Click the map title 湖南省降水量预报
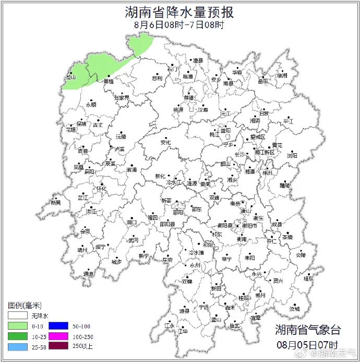[x=179, y=12]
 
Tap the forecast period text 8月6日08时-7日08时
[x=179, y=25]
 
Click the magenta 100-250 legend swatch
[x=63, y=335]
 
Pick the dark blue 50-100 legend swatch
[x=63, y=325]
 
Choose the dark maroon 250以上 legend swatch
[x=63, y=345]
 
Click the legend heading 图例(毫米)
[x=25, y=305]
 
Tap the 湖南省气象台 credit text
[x=308, y=330]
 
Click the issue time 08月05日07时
[x=307, y=345]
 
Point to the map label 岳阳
[x=262, y=81]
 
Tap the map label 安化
[x=165, y=142]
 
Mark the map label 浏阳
[x=292, y=155]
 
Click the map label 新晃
[x=55, y=202]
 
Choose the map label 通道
[x=89, y=273]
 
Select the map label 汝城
[x=295, y=309]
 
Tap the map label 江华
[x=183, y=331]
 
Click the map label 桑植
[x=109, y=81]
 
